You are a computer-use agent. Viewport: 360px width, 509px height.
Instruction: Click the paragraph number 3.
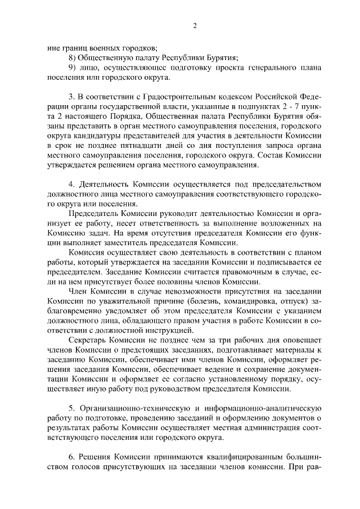[x=70, y=98]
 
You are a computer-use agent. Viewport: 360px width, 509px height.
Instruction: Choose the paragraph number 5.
[x=70, y=407]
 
